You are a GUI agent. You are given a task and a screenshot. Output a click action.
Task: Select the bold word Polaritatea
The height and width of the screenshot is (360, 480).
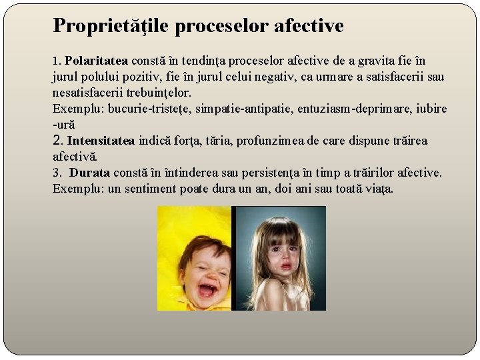click(x=98, y=61)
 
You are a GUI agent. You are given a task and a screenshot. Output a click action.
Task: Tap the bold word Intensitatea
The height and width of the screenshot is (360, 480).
click(x=101, y=141)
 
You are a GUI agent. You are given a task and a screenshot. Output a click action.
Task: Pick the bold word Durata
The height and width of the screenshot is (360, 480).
click(x=89, y=173)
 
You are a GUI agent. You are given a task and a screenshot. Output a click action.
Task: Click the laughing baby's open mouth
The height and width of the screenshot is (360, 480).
click(x=207, y=289)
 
